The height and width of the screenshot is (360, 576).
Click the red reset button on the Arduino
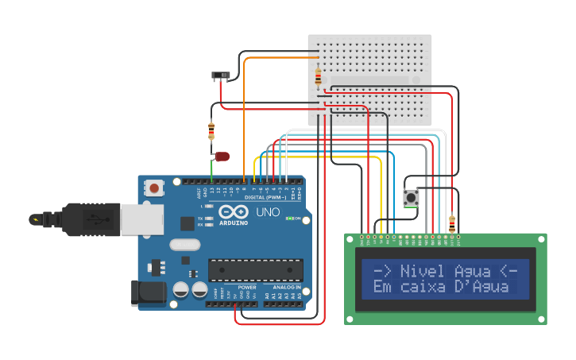154,188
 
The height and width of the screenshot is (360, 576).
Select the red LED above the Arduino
222,157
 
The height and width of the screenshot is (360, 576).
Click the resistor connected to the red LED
211,131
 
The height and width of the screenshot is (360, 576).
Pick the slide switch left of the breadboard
221,76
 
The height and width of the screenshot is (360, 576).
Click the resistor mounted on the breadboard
319,77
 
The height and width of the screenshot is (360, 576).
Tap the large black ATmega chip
255,270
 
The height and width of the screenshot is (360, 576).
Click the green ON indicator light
290,218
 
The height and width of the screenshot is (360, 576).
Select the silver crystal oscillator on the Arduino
184,245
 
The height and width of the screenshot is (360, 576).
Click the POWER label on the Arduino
247,287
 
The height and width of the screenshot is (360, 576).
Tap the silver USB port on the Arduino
141,219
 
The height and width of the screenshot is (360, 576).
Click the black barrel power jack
151,292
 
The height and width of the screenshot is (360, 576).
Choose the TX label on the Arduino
201,217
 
